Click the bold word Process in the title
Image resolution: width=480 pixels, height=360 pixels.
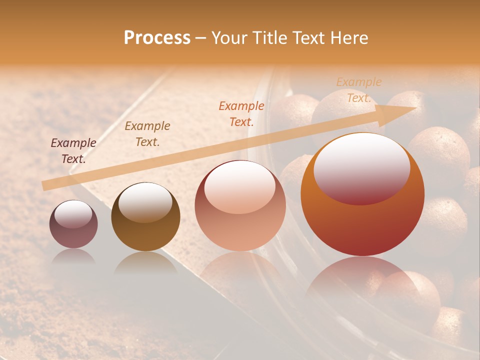click(x=157, y=38)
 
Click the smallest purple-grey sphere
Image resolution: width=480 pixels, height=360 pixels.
click(x=73, y=225)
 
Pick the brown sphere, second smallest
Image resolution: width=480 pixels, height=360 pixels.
click(x=145, y=218)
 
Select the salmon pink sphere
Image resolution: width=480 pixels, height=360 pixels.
click(x=240, y=206)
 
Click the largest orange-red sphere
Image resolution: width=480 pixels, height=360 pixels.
click(x=362, y=195)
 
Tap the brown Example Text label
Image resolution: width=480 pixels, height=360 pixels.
click(x=147, y=134)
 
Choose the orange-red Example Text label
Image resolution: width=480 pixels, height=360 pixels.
click(x=241, y=113)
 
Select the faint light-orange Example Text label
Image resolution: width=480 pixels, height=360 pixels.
click(x=359, y=90)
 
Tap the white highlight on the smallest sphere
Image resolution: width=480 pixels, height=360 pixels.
click(x=73, y=214)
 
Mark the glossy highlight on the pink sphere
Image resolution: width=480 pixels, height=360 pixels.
click(x=240, y=186)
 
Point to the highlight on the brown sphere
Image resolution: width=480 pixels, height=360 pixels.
click(x=145, y=201)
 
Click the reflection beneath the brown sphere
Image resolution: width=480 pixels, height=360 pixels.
click(x=145, y=262)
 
